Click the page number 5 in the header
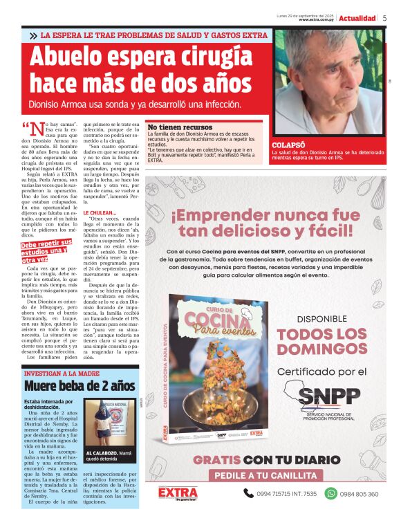point(384,18)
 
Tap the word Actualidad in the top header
point(357,18)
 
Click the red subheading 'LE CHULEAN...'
point(100,213)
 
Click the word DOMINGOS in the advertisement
point(321,351)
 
